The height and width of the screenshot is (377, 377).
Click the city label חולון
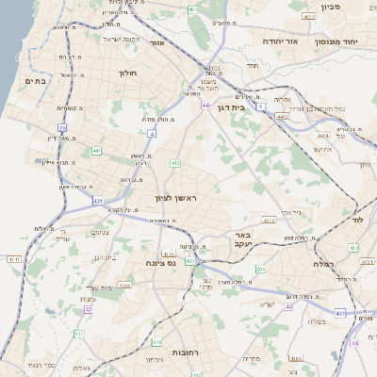tap(127, 73)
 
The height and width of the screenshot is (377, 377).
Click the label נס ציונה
tap(160, 264)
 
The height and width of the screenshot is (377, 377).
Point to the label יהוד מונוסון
tap(351, 41)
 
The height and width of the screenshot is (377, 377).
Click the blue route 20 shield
tap(62, 125)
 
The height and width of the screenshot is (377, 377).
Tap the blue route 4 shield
tap(151, 134)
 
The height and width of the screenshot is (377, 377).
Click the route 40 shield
tap(288, 306)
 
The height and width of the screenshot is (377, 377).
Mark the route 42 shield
tap(88, 308)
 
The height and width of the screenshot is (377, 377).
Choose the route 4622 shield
tap(309, 17)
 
